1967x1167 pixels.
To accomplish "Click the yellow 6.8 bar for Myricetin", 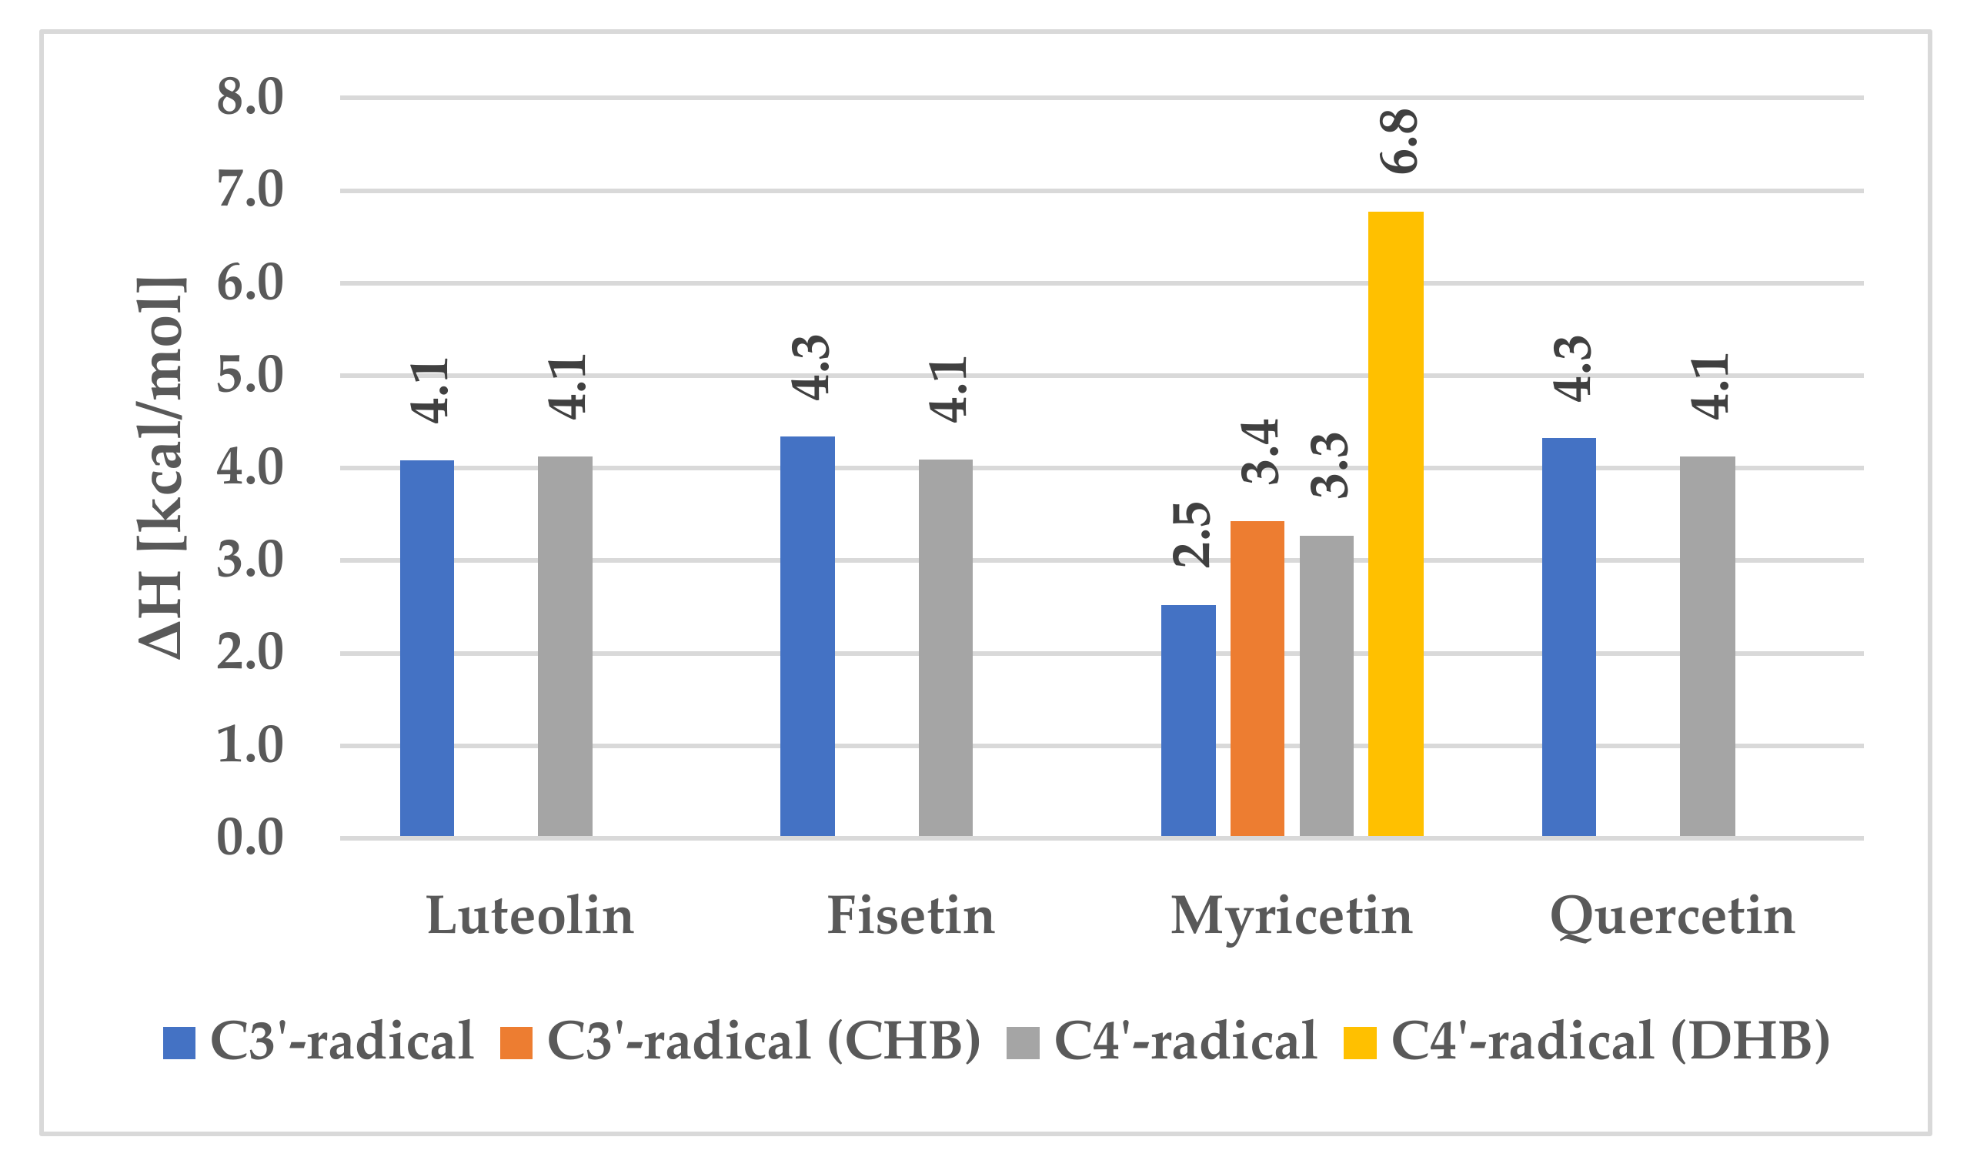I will point(1395,523).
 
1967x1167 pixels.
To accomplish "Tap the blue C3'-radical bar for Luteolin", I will point(427,648).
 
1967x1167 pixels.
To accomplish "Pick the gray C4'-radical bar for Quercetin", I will point(1708,646).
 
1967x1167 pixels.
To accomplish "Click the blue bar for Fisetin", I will point(807,636).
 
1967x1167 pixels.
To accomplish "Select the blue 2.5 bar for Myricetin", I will point(1188,721).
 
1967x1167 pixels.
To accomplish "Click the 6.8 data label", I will point(1398,142).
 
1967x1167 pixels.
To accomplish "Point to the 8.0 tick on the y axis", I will point(250,99).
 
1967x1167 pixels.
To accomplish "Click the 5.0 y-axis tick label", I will point(250,376).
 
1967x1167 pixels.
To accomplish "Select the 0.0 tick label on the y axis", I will point(250,838).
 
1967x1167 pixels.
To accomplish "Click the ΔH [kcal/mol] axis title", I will point(161,468).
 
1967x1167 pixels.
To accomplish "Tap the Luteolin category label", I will point(530,916).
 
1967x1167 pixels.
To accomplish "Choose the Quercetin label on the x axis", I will point(1672,916).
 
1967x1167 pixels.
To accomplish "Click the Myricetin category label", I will point(1291,916).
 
